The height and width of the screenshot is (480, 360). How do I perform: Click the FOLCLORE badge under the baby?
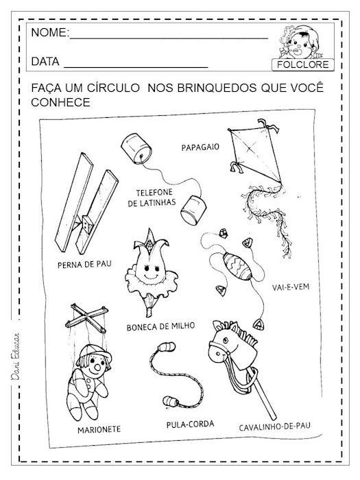(x=303, y=65)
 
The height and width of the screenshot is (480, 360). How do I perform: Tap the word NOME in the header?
(x=50, y=34)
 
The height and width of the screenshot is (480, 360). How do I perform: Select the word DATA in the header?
(x=45, y=62)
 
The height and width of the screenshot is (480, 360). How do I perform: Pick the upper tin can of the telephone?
(x=134, y=149)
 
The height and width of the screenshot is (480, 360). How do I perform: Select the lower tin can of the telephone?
(x=195, y=209)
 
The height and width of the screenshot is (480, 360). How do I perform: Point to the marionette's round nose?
(x=100, y=366)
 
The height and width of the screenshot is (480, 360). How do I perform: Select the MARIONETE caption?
(x=95, y=429)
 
